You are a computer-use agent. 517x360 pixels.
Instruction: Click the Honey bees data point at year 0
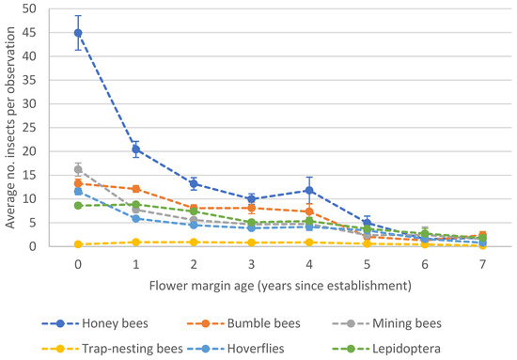click(78, 33)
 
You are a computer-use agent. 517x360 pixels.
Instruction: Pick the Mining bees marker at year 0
click(78, 169)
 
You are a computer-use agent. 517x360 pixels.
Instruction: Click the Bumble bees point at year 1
click(136, 189)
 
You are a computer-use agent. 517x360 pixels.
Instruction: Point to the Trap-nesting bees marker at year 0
click(78, 244)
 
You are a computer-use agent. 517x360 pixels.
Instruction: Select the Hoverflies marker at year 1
click(136, 218)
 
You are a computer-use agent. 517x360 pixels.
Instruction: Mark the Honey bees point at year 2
click(194, 183)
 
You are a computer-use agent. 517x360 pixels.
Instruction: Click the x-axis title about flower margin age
click(279, 281)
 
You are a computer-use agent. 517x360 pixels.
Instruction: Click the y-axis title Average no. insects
click(13, 128)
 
